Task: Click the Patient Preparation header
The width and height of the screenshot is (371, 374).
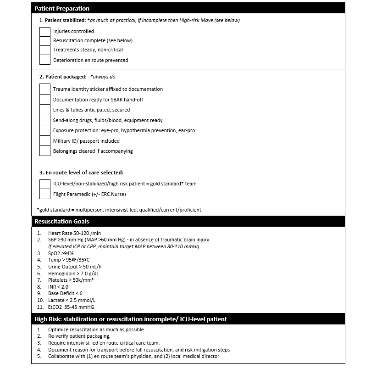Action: click(62, 8)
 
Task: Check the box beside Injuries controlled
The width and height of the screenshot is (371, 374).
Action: click(44, 31)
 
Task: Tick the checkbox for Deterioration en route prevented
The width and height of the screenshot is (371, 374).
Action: click(44, 60)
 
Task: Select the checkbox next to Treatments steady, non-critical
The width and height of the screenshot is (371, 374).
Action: click(44, 50)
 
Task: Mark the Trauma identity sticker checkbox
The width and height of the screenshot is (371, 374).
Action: click(44, 89)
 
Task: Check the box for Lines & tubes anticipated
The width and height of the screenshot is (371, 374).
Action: click(44, 110)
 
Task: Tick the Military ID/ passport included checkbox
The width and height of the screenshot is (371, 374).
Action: click(44, 140)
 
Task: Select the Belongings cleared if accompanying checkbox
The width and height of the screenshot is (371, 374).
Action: click(44, 151)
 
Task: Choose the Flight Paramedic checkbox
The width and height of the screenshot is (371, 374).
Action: click(44, 194)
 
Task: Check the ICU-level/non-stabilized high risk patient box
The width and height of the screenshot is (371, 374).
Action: click(44, 184)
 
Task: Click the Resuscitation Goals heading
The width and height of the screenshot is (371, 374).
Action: click(61, 221)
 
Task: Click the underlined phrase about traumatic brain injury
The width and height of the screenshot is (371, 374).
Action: click(169, 240)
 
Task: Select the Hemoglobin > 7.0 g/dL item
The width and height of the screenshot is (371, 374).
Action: click(72, 273)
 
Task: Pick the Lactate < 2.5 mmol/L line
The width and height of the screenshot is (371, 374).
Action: click(72, 300)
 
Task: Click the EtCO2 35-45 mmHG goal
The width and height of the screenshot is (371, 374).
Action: click(71, 307)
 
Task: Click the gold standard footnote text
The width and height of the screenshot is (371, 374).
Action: click(119, 210)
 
